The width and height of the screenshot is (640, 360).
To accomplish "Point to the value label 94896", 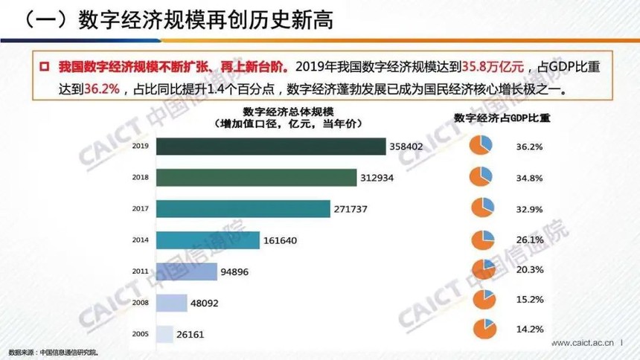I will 234,272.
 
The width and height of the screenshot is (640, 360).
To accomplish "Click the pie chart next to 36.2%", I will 481,147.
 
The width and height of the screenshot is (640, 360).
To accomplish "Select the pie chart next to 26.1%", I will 481,240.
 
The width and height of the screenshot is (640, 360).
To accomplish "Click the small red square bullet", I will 44,66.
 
